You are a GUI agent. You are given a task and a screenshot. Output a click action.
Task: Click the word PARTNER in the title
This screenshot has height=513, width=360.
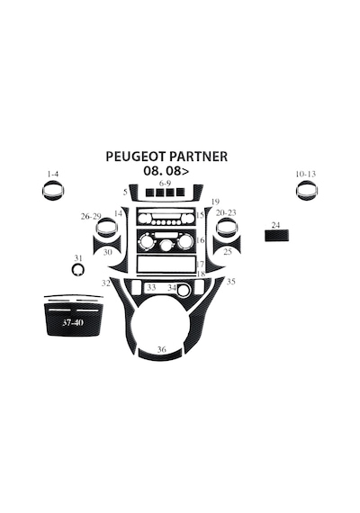[x=198, y=157]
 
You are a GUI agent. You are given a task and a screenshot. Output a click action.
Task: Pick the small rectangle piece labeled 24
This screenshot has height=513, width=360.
[x=276, y=236]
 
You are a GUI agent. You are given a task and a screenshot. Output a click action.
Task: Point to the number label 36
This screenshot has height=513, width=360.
[x=162, y=349]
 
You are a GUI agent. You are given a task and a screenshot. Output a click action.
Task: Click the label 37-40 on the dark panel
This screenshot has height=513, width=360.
[x=73, y=322]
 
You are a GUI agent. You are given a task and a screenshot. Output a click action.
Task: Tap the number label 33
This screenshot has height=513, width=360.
[x=151, y=288]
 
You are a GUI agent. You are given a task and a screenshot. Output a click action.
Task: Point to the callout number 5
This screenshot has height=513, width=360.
[x=125, y=192]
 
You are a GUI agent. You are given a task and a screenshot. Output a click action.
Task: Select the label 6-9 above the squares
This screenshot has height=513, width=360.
[x=165, y=183]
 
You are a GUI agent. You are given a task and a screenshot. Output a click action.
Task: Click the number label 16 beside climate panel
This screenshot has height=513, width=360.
[x=201, y=240]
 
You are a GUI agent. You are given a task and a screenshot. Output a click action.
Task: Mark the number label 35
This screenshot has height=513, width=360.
[x=231, y=282]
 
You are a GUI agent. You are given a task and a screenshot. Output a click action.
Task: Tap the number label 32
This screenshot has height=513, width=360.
[x=105, y=283]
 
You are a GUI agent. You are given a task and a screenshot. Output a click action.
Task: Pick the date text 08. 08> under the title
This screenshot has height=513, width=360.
[x=166, y=171]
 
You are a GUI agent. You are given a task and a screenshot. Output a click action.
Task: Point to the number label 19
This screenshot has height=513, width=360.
[x=215, y=202]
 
